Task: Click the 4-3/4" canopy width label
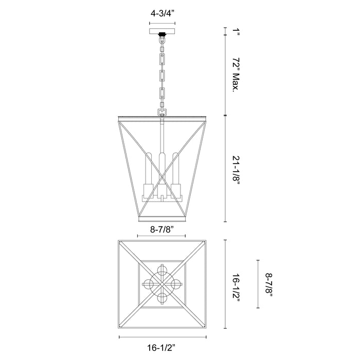click(163, 13)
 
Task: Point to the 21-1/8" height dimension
click(236, 168)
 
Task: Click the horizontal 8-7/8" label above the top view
click(161, 229)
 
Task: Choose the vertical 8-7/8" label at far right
click(269, 284)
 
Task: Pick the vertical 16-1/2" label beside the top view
click(236, 284)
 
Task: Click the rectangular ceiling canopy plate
click(163, 31)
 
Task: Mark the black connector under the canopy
click(163, 34)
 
